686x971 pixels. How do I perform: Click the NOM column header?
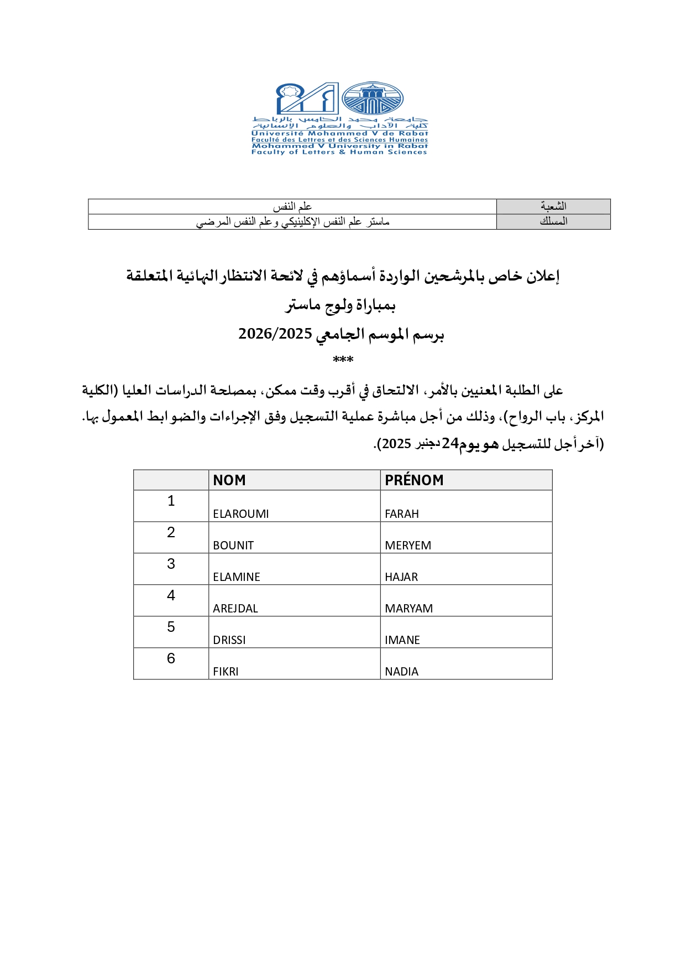coord(229,480)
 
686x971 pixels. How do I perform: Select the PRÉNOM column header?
coord(414,480)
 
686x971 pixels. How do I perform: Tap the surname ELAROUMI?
coord(241,514)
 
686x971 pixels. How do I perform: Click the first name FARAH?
coord(402,514)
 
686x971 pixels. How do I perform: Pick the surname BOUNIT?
coord(233,546)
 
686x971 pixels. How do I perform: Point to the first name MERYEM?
coord(408,546)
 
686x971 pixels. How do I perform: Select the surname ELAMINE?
coord(237,577)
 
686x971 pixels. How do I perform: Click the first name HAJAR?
coord(401,577)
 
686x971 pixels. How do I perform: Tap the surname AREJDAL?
coord(235,609)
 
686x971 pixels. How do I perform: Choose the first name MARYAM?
coord(409,609)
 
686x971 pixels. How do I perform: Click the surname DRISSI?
coord(229,640)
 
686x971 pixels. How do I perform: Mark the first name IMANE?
coord(402,640)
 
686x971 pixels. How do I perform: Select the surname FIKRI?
coord(226,672)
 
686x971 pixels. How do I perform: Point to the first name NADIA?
coord(402,672)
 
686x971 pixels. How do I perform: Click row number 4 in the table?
coord(171,596)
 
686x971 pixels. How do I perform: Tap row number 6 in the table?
coord(171,659)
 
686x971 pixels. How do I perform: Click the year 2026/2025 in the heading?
coord(275,334)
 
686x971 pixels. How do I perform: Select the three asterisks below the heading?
coord(343,360)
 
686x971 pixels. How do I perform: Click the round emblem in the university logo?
coord(372,99)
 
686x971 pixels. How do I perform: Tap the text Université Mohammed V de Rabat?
coord(339,133)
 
